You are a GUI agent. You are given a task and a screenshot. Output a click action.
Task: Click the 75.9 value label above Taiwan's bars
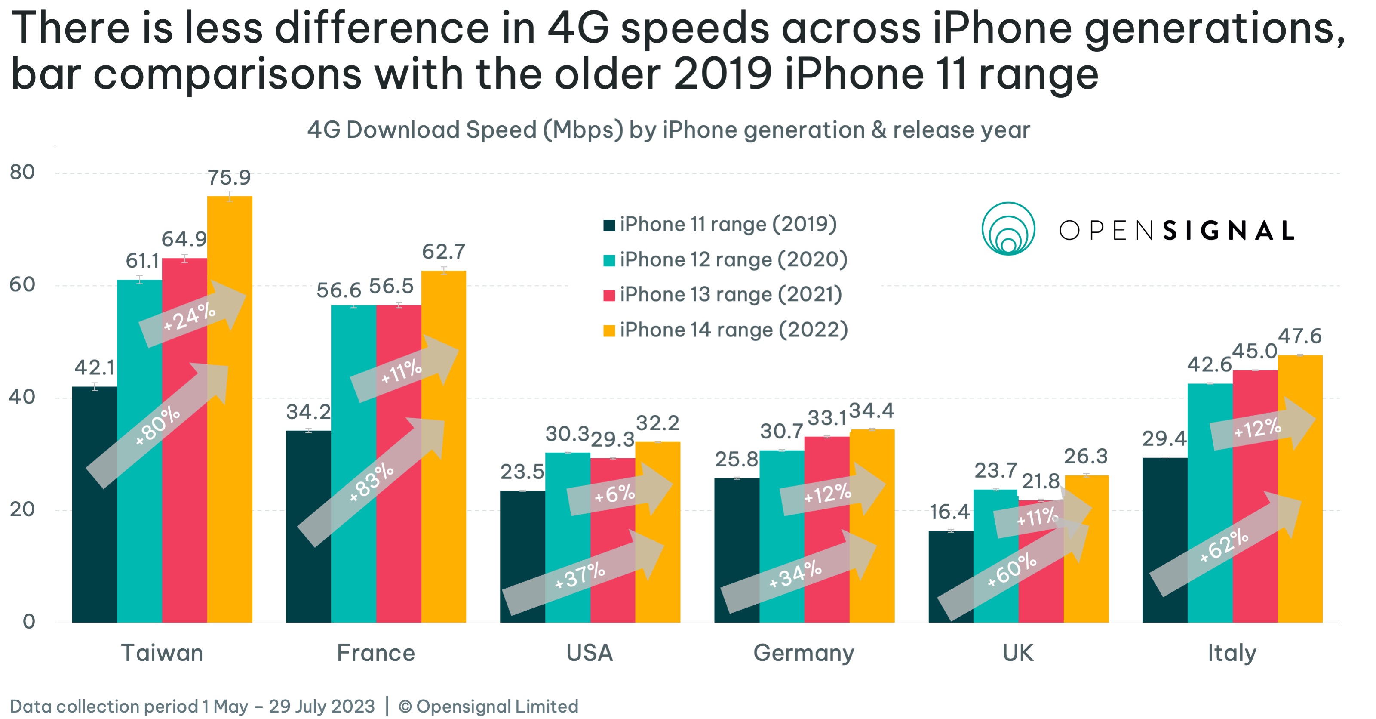click(x=229, y=177)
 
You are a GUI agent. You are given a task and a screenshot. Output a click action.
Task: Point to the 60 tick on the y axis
click(x=22, y=285)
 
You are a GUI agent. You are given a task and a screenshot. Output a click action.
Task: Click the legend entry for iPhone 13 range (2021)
click(x=731, y=295)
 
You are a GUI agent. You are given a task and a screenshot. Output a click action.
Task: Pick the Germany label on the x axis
click(x=803, y=653)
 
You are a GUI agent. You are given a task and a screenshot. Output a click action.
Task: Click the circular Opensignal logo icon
click(x=1008, y=229)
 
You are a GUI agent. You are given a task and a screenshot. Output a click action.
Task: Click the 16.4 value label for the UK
click(x=949, y=512)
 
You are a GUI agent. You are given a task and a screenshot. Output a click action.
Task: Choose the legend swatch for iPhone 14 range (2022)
click(x=609, y=331)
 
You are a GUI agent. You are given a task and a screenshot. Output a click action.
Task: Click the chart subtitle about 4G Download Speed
click(x=668, y=130)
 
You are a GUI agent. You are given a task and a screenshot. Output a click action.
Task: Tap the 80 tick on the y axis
click(x=22, y=172)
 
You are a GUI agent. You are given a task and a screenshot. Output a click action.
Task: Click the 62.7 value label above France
click(x=443, y=252)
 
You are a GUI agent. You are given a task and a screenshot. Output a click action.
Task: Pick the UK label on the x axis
click(x=1017, y=653)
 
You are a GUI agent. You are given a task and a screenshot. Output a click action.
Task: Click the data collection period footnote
click(x=192, y=706)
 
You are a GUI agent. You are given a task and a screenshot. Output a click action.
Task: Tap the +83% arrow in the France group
click(x=371, y=483)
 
